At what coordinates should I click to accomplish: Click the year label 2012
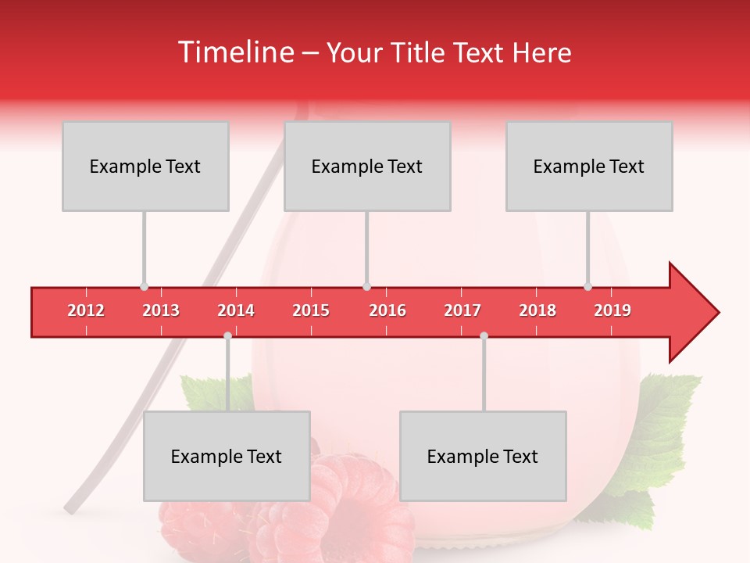pos(86,310)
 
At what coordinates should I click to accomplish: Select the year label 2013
pos(161,310)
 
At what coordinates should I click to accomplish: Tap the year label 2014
pos(236,310)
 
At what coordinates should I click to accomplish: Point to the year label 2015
pos(311,310)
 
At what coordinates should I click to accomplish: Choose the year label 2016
pos(387,310)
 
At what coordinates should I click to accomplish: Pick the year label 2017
pos(462,310)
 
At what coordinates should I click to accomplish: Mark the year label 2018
pos(537,310)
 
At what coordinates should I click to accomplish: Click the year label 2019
pos(612,310)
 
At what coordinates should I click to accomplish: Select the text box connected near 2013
pos(145,166)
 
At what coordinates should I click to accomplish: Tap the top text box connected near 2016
pos(367,166)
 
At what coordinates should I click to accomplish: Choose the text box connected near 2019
pos(589,166)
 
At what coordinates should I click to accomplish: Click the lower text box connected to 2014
pos(227,456)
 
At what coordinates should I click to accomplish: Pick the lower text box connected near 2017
pos(483,456)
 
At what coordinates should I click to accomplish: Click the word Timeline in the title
pos(234,52)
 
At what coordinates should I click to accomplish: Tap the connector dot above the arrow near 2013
pos(144,287)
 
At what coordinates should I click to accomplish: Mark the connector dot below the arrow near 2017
pos(484,336)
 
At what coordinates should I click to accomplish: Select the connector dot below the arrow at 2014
pos(227,336)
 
